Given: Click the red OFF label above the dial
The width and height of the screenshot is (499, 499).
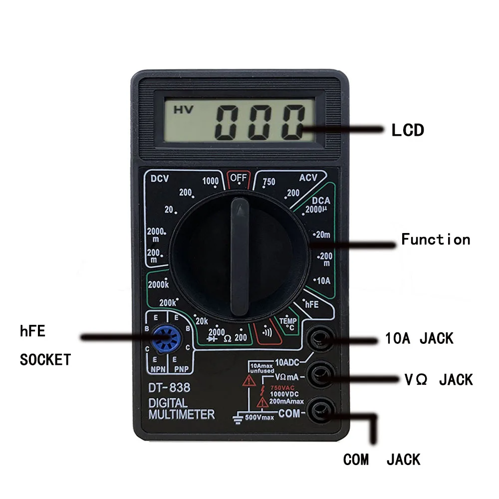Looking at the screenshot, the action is click(238, 178).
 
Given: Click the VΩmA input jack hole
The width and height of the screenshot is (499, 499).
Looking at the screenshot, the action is click(320, 375).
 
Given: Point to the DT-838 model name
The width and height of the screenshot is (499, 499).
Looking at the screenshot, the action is click(169, 387).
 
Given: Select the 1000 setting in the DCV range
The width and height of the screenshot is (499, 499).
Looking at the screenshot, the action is click(211, 182).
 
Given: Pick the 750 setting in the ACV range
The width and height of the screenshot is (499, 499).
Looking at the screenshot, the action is click(268, 182).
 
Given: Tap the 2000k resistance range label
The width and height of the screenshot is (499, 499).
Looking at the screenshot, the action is click(159, 284).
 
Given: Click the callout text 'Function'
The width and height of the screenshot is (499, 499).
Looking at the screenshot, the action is click(436, 240).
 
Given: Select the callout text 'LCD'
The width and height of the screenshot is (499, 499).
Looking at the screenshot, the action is click(407, 131).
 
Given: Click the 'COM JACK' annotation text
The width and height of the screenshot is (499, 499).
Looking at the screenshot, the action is click(381, 459).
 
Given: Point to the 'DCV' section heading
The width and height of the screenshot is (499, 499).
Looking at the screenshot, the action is click(160, 178).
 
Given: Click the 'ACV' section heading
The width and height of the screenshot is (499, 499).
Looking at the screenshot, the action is click(308, 178).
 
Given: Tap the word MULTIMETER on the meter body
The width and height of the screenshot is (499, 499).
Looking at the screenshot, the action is click(182, 414).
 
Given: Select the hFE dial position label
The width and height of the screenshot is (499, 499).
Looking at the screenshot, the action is click(311, 304).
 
